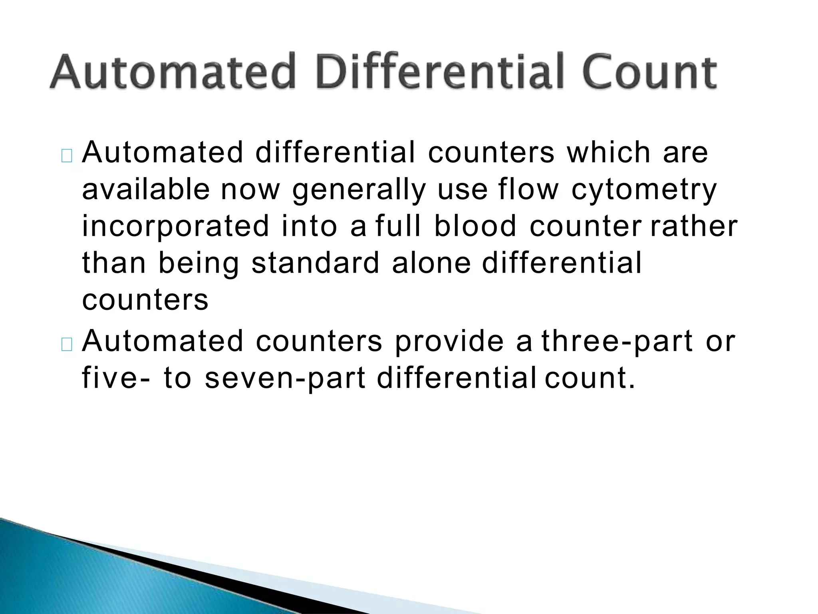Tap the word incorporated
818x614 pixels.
[176, 226]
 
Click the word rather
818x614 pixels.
[694, 226]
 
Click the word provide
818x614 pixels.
[449, 342]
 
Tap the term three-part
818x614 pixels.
[617, 342]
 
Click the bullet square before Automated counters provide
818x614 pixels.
[67, 345]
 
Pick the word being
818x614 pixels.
[199, 264]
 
